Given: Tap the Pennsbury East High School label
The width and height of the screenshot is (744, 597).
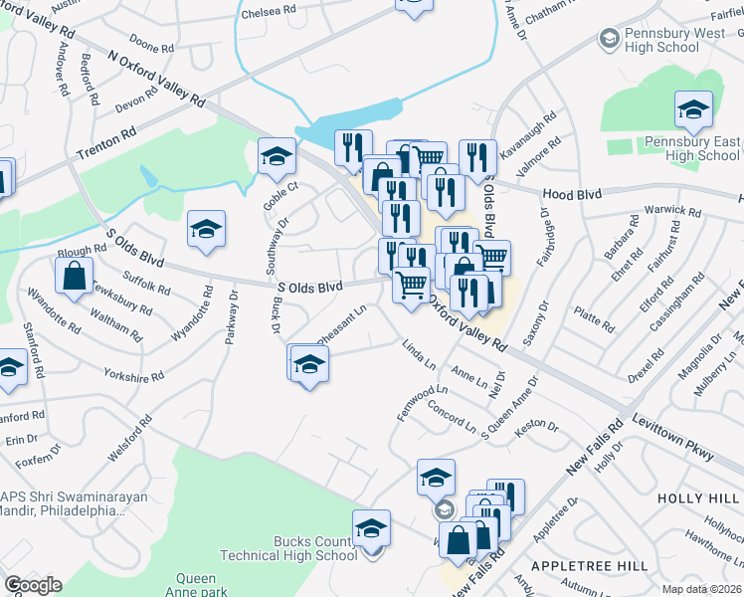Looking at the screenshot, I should (703, 148).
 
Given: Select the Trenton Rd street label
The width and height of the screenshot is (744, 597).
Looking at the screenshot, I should (105, 144).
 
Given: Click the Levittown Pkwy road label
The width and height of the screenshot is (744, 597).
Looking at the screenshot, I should (672, 438).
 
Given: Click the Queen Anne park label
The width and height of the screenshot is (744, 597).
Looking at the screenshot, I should (196, 585).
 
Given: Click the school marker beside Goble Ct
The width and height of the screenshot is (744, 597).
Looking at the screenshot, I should (277, 155).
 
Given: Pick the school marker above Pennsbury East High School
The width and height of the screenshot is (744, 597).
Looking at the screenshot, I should (693, 109).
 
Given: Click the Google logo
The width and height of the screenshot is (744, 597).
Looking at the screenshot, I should (33, 585).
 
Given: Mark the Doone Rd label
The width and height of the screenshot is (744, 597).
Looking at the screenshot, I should (151, 47).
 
